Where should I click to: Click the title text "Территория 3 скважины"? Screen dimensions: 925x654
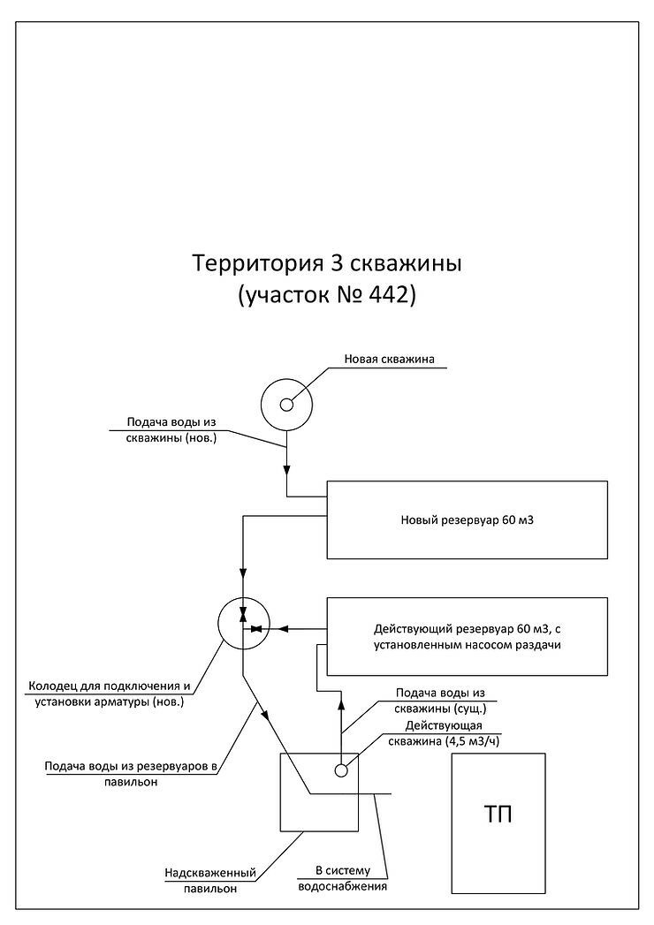[326, 263]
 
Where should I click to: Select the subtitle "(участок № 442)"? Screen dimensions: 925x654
[326, 295]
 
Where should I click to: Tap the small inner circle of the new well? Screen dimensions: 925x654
[287, 406]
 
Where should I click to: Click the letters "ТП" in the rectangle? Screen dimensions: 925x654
[498, 814]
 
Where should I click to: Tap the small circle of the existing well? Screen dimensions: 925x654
[340, 770]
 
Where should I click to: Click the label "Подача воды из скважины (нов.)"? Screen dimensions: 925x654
[171, 430]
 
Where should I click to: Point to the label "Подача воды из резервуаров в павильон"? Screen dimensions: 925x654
[130, 773]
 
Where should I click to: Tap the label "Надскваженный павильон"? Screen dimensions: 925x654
[209, 881]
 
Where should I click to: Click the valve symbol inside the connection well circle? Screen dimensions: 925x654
[255, 628]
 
